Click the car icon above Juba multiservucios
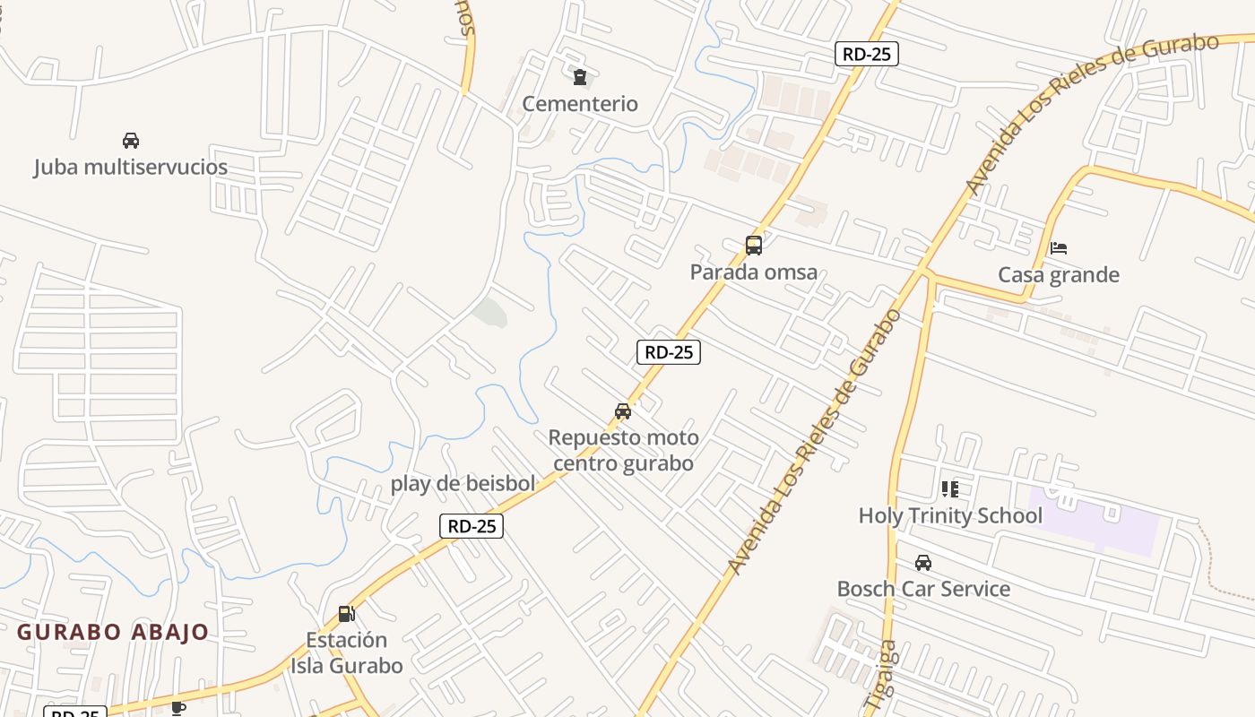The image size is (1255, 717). tap(131, 141)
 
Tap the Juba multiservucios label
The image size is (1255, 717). tap(131, 167)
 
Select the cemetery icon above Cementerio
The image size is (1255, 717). tap(580, 77)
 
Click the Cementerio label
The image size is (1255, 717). tap(580, 104)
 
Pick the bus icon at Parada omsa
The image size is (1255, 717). tap(754, 245)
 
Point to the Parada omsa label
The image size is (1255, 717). tap(753, 272)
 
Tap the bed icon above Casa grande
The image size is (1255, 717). tap(1059, 248)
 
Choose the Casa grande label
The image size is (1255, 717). tap(1059, 274)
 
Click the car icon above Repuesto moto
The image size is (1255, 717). tap(623, 411)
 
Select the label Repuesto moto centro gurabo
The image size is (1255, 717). tap(623, 450)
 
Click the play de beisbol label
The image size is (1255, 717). tap(463, 483)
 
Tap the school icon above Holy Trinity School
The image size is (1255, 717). tap(950, 489)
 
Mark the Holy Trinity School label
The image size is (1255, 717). tap(950, 515)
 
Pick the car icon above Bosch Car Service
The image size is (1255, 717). tap(923, 563)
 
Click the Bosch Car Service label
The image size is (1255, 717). tap(923, 589)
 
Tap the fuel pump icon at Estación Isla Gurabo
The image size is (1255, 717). tap(347, 614)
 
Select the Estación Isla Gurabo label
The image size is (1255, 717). tap(346, 652)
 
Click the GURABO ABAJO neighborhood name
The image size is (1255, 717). tap(113, 632)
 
